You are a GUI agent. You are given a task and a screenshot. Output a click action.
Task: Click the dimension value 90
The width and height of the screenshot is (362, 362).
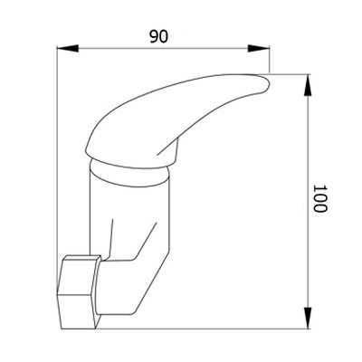(x=159, y=37)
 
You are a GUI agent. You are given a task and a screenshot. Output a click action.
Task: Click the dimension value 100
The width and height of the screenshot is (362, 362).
(x=319, y=198)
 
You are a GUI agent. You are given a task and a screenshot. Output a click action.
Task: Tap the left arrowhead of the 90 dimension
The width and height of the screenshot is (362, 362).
(x=68, y=48)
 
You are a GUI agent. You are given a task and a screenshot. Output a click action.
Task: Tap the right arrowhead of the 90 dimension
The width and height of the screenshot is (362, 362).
(x=259, y=48)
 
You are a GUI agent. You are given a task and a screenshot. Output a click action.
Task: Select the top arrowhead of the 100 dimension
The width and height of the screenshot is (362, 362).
(x=308, y=85)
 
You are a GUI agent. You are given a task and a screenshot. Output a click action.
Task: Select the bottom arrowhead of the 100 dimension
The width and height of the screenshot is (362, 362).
(x=308, y=318)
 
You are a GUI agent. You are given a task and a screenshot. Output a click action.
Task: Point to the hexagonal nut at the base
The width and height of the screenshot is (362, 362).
(x=79, y=292)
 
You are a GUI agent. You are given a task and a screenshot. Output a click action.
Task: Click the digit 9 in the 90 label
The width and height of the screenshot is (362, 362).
(x=154, y=37)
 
